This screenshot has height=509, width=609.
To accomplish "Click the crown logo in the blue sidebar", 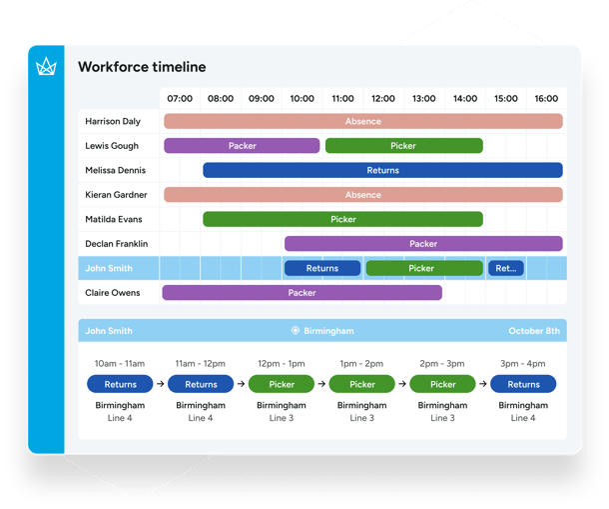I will pyautogui.click(x=46, y=67).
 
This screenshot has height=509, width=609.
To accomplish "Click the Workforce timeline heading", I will pyautogui.click(x=142, y=67).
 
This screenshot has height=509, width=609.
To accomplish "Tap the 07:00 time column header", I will pyautogui.click(x=180, y=99).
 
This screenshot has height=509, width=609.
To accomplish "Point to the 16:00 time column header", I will pyautogui.click(x=546, y=99).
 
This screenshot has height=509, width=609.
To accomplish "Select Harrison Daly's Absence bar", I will pyautogui.click(x=362, y=121).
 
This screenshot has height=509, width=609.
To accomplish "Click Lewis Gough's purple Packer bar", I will pyautogui.click(x=242, y=146).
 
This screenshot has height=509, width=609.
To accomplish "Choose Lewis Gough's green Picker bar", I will pyautogui.click(x=403, y=146).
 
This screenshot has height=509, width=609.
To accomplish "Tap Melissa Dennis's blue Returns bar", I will pyautogui.click(x=382, y=170).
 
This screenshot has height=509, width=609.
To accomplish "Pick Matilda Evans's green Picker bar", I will pyautogui.click(x=342, y=219).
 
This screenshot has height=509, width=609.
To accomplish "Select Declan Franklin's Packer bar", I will pyautogui.click(x=423, y=243).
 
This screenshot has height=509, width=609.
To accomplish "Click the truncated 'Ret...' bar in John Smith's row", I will pyautogui.click(x=505, y=268).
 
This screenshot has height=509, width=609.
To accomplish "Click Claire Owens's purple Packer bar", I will pyautogui.click(x=302, y=293).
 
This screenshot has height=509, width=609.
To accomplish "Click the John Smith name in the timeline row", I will pyautogui.click(x=108, y=268).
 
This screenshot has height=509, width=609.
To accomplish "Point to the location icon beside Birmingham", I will pyautogui.click(x=295, y=331).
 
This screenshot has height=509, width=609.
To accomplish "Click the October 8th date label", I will pyautogui.click(x=533, y=331).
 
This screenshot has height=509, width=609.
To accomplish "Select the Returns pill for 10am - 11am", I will pyautogui.click(x=120, y=384).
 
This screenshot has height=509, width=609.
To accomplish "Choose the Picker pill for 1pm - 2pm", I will pyautogui.click(x=362, y=384).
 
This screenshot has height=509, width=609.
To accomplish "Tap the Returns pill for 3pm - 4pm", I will pyautogui.click(x=523, y=384).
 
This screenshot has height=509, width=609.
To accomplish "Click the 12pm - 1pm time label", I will pyautogui.click(x=282, y=363).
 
